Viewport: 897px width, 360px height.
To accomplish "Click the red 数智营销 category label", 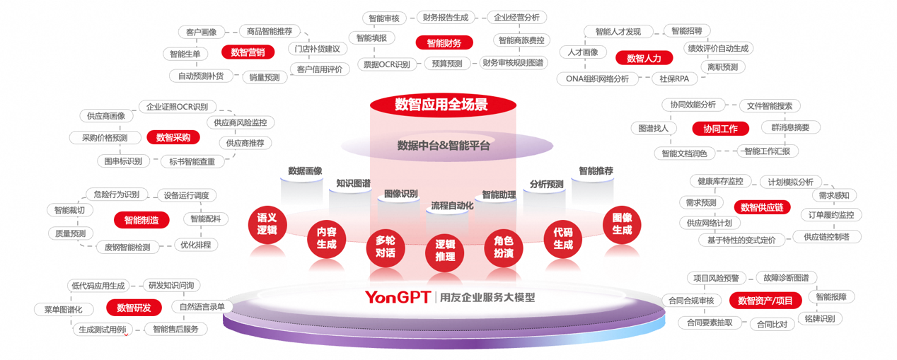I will (x=248, y=52).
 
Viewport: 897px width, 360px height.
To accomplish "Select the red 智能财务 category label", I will (x=444, y=43).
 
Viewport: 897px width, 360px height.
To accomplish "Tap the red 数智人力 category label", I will (x=643, y=58).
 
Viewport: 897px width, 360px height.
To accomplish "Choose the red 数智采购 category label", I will (x=173, y=137).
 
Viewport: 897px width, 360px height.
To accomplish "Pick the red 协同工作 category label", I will (x=719, y=129).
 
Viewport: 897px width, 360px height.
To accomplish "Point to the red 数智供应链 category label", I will (x=762, y=207).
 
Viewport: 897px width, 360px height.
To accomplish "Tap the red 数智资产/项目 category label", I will (x=765, y=301).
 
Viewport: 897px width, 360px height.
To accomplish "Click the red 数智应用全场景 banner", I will (x=441, y=105).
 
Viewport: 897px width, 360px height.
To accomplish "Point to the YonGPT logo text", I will (x=398, y=297).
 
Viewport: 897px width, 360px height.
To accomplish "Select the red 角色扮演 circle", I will (x=503, y=246).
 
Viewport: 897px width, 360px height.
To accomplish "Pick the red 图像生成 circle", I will (x=622, y=224).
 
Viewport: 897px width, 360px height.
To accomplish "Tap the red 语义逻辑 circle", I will (x=267, y=224).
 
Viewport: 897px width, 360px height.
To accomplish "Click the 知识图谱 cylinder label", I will (x=353, y=183).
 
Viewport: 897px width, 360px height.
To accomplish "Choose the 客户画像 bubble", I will (x=201, y=32).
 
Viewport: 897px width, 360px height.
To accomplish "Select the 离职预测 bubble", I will (x=722, y=66).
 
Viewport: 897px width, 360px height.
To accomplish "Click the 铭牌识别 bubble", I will (x=819, y=318).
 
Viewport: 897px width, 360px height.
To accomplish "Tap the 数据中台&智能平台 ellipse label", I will (x=444, y=146).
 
